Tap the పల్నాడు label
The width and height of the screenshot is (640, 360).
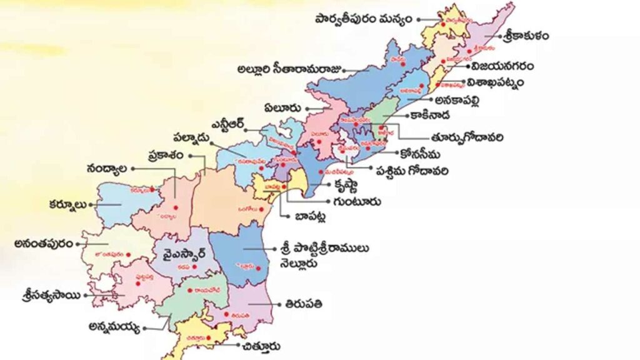(x=195, y=138)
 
